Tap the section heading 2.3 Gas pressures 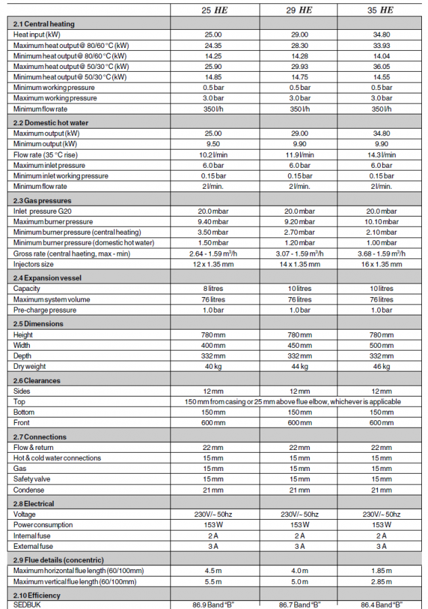coord(43,201)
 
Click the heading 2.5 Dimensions coord(39,323)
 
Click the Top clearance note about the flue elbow coord(293,401)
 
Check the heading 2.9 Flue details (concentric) coord(58,560)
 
